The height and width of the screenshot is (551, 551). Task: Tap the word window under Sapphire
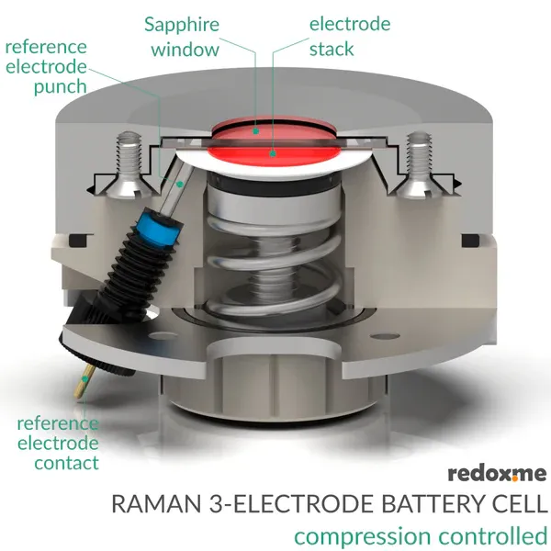tap(186, 50)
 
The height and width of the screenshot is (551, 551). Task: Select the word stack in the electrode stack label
tap(332, 49)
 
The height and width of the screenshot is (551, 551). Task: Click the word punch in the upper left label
tap(60, 87)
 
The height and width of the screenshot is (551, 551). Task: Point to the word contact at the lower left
tap(66, 463)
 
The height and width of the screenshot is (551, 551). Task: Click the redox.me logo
tap(497, 474)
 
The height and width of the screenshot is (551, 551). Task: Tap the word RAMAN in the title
tap(157, 504)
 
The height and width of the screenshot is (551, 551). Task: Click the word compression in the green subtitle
tap(363, 537)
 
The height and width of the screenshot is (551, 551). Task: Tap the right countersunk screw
tap(418, 164)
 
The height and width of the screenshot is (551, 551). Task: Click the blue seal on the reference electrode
tap(163, 228)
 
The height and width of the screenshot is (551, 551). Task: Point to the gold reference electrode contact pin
tap(83, 381)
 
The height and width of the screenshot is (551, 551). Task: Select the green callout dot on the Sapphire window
tap(256, 131)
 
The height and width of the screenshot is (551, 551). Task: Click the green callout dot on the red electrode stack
tap(273, 153)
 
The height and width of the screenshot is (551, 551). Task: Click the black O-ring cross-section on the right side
tap(470, 241)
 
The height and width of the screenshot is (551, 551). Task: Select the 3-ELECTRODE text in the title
tap(292, 504)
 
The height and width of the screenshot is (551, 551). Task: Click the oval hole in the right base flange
tap(385, 336)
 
